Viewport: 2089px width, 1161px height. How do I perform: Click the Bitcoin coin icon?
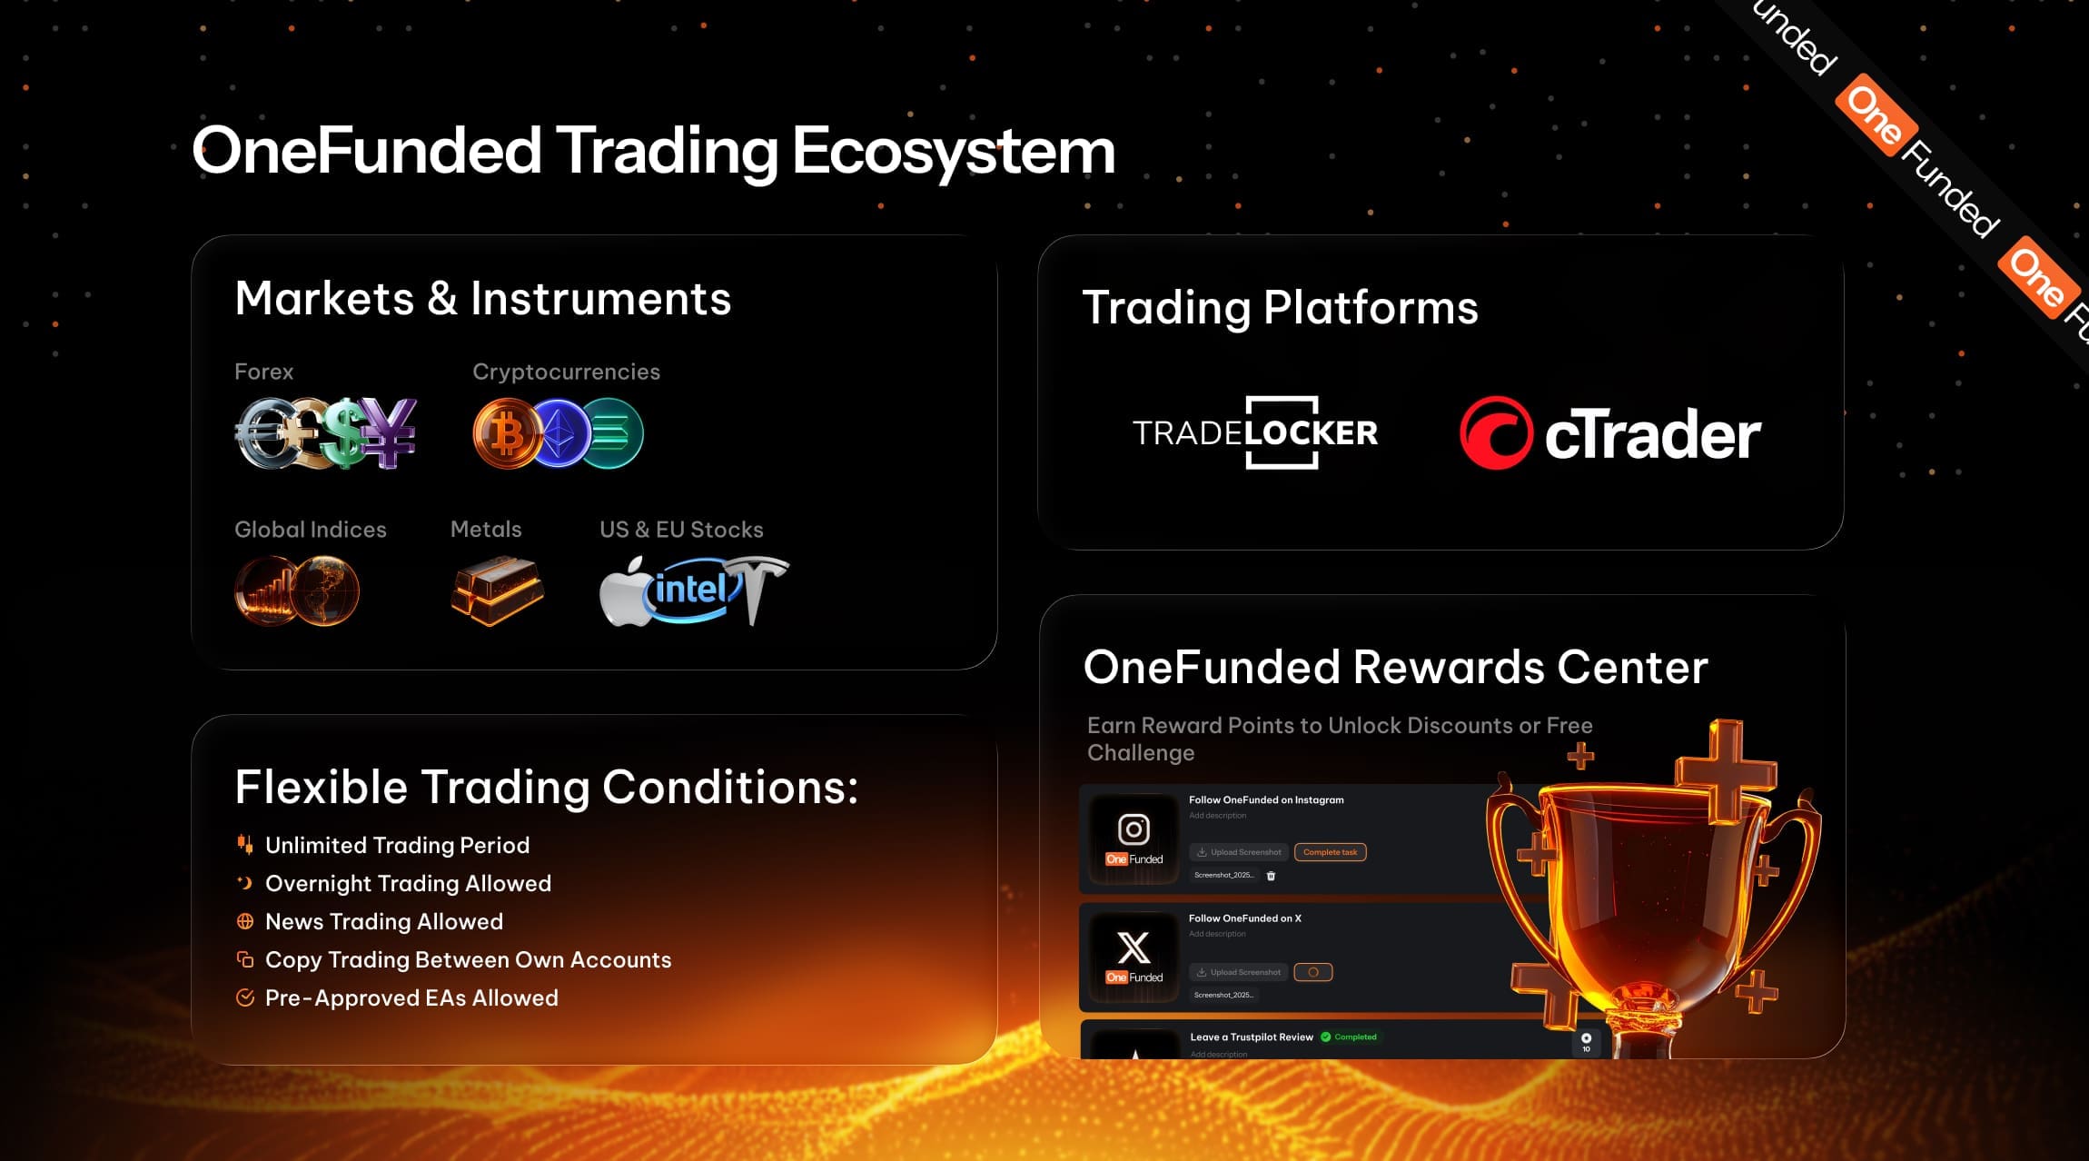[x=506, y=434]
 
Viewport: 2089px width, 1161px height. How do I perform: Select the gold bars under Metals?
[x=497, y=590]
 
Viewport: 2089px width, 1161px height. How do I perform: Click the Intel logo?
[x=692, y=590]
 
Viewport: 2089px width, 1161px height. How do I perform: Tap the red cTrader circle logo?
[x=1495, y=433]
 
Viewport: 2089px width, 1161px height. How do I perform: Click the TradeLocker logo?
[x=1255, y=432]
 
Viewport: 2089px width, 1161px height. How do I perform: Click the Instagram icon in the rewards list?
[x=1134, y=829]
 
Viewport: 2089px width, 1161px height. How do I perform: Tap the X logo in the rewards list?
[x=1134, y=948]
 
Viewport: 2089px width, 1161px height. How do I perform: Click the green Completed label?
[x=1354, y=1037]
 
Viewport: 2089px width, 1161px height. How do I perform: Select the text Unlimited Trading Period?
[x=397, y=845]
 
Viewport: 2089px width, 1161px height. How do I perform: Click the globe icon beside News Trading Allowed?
[x=244, y=921]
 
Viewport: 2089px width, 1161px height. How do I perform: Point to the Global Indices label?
[x=310, y=530]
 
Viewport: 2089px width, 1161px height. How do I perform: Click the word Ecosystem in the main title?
[x=953, y=151]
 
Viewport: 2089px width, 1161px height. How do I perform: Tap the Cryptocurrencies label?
[x=566, y=372]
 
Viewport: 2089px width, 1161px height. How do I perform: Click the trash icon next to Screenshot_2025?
[x=1271, y=876]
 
